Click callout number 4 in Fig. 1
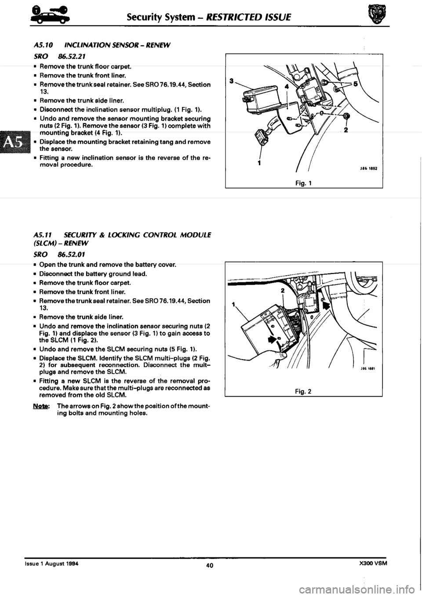point(286,87)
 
